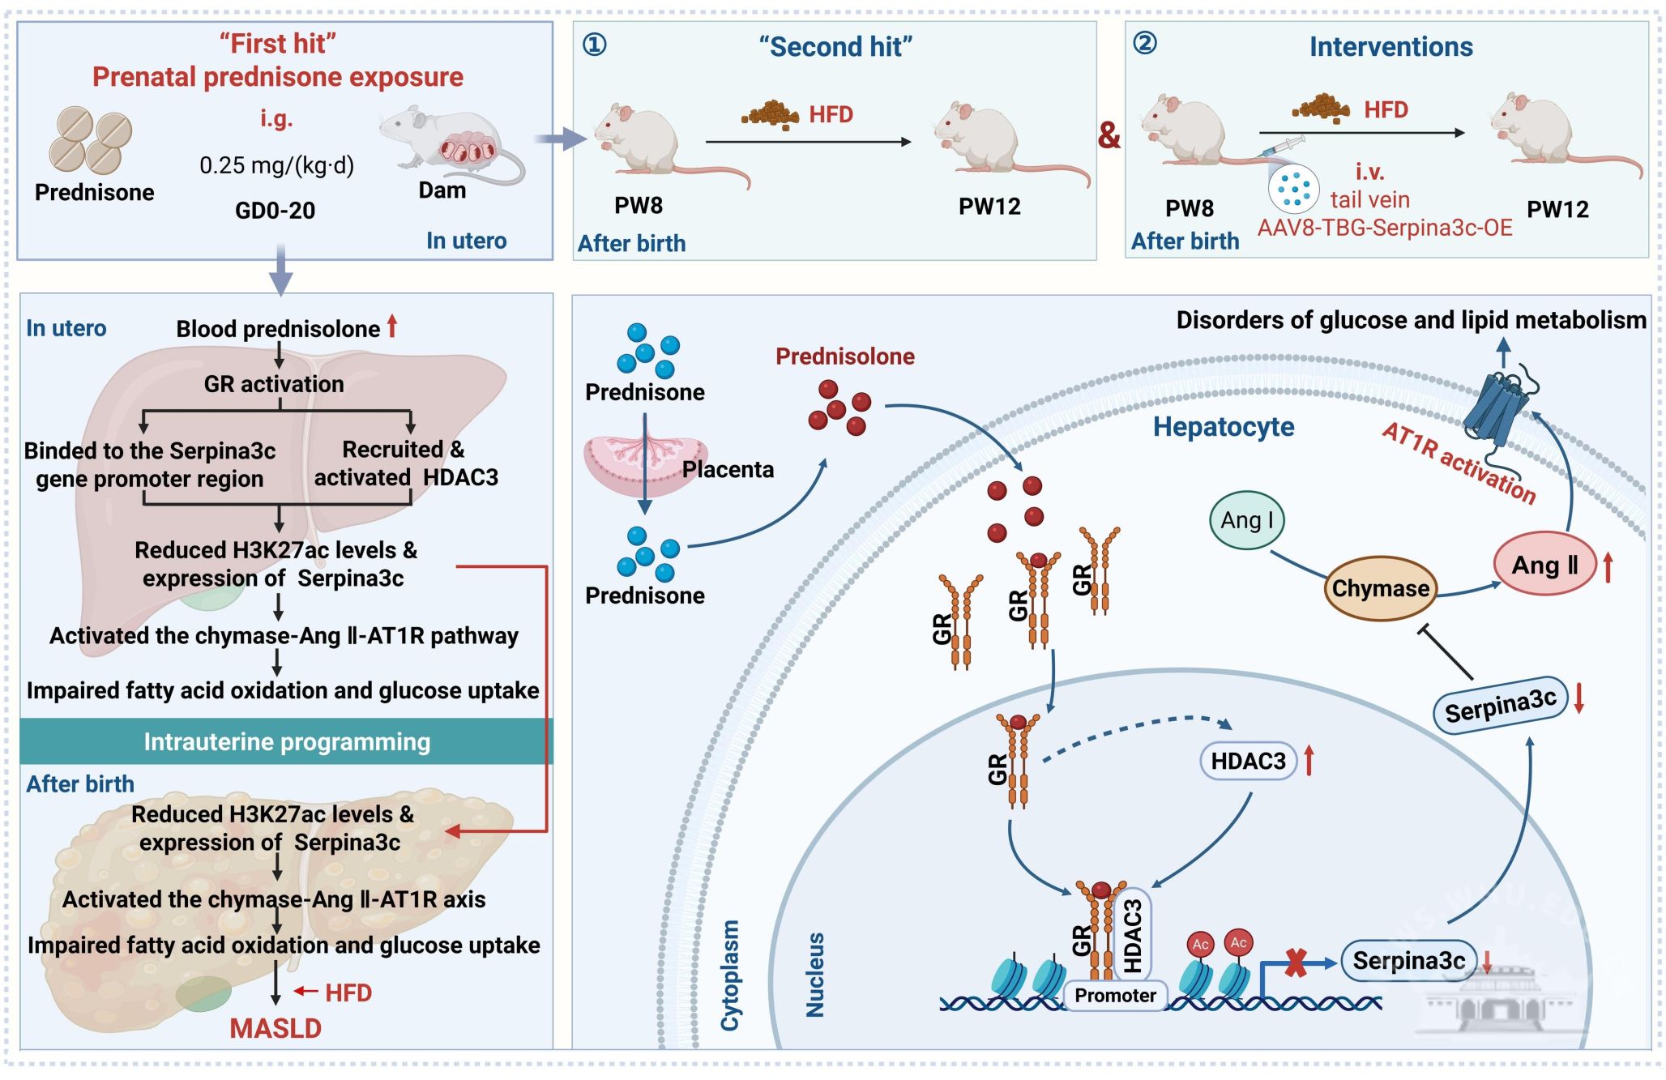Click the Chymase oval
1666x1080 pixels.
click(1380, 588)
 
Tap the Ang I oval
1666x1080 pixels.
click(1246, 520)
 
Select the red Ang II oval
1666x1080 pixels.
click(1544, 565)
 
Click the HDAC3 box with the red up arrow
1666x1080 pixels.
click(1248, 761)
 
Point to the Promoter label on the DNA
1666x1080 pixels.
click(1115, 995)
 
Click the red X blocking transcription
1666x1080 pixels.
click(1296, 963)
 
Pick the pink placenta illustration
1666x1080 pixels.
click(644, 467)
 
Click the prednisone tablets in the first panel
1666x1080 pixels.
click(90, 141)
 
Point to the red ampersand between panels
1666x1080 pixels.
click(1109, 134)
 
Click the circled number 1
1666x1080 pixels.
click(595, 44)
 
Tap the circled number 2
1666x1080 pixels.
click(1145, 42)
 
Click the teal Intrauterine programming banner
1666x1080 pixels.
click(286, 741)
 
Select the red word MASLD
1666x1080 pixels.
click(276, 1028)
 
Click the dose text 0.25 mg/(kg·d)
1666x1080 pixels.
click(276, 165)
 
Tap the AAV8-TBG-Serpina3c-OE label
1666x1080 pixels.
click(1384, 228)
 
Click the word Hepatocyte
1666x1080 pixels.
click(1223, 427)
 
